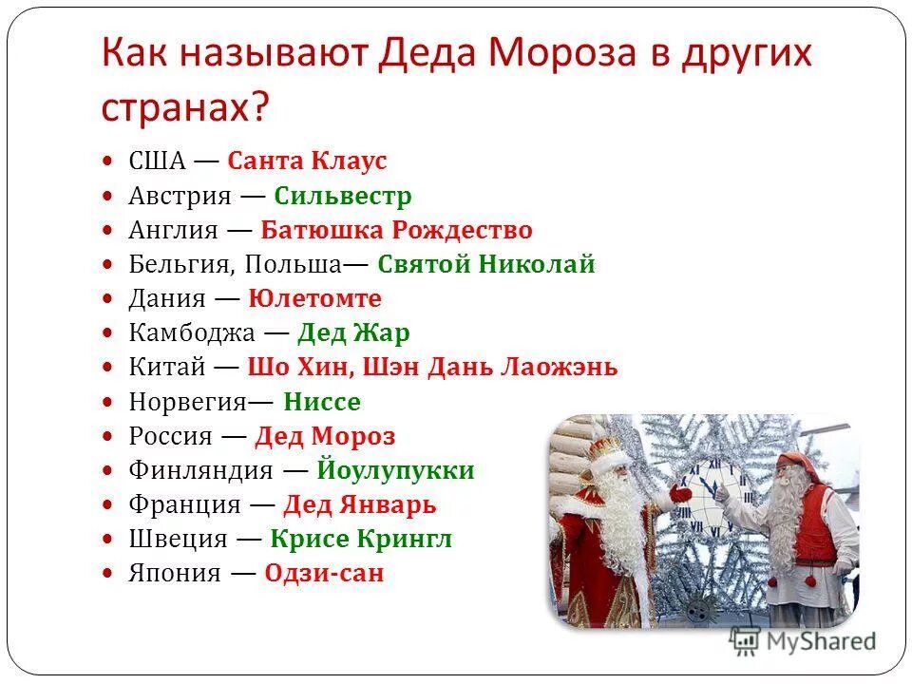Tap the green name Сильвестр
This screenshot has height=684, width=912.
(x=343, y=197)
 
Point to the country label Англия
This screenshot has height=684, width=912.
(x=174, y=231)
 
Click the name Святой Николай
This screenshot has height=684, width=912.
(x=485, y=265)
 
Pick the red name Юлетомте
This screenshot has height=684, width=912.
(x=314, y=299)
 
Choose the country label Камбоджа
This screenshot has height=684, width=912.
(x=192, y=333)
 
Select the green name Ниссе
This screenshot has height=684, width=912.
(x=322, y=402)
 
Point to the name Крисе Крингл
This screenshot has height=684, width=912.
(x=361, y=540)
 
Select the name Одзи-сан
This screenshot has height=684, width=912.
(x=324, y=574)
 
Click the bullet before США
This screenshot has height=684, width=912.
(x=109, y=162)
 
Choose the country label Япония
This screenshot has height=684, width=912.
(x=175, y=574)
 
